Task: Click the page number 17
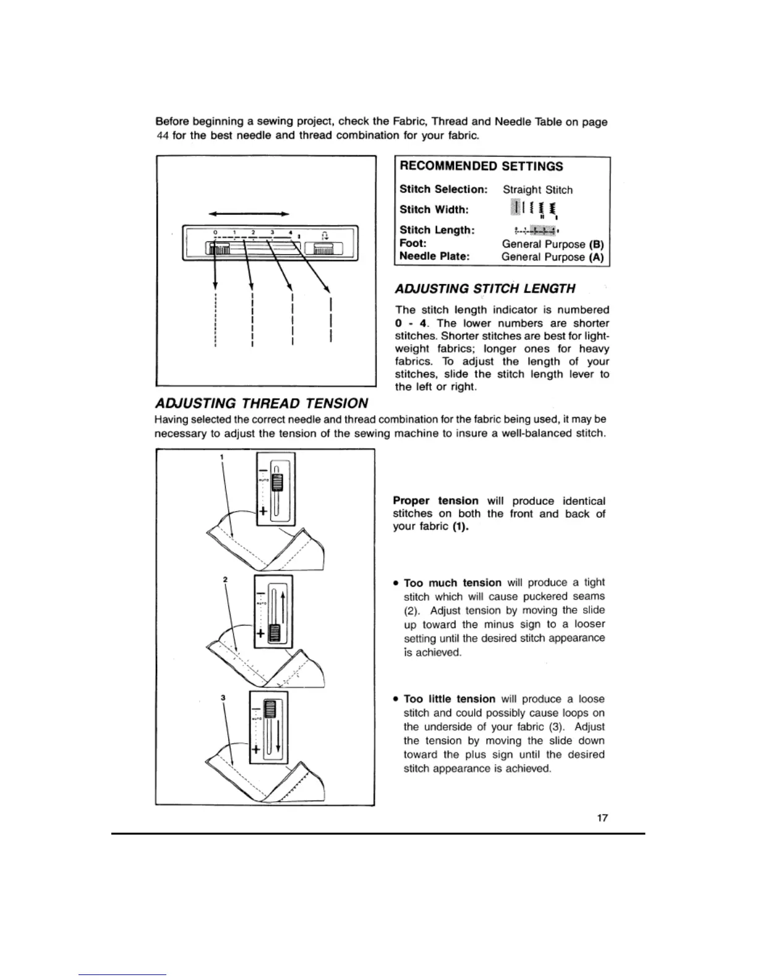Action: tap(602, 818)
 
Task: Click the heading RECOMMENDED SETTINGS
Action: tap(481, 166)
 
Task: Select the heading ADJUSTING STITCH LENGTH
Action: tap(485, 288)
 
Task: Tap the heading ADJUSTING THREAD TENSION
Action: tap(261, 403)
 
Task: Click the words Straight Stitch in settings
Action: tap(537, 190)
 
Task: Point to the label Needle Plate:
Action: tap(434, 256)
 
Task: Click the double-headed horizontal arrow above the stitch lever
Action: tap(249, 213)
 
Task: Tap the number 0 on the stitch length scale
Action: tap(215, 233)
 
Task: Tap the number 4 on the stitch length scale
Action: tap(290, 233)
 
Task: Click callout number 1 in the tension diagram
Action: tap(221, 457)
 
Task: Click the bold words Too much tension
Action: tap(452, 583)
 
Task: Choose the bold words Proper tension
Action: tap(435, 501)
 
